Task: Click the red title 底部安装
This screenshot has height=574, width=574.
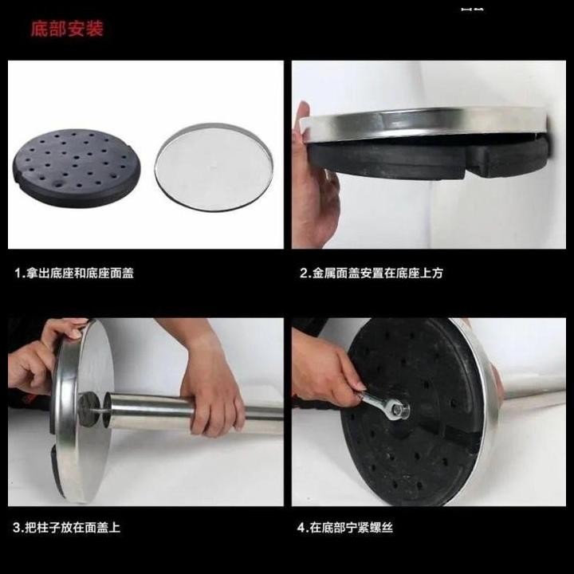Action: [x=67, y=29]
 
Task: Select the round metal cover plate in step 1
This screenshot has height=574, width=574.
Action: [x=214, y=167]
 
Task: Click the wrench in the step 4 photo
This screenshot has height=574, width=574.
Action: [x=382, y=404]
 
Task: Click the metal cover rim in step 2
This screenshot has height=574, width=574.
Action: [x=421, y=123]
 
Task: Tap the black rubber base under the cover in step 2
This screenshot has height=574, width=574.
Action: [x=428, y=157]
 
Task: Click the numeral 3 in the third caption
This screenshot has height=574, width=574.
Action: [x=17, y=528]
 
